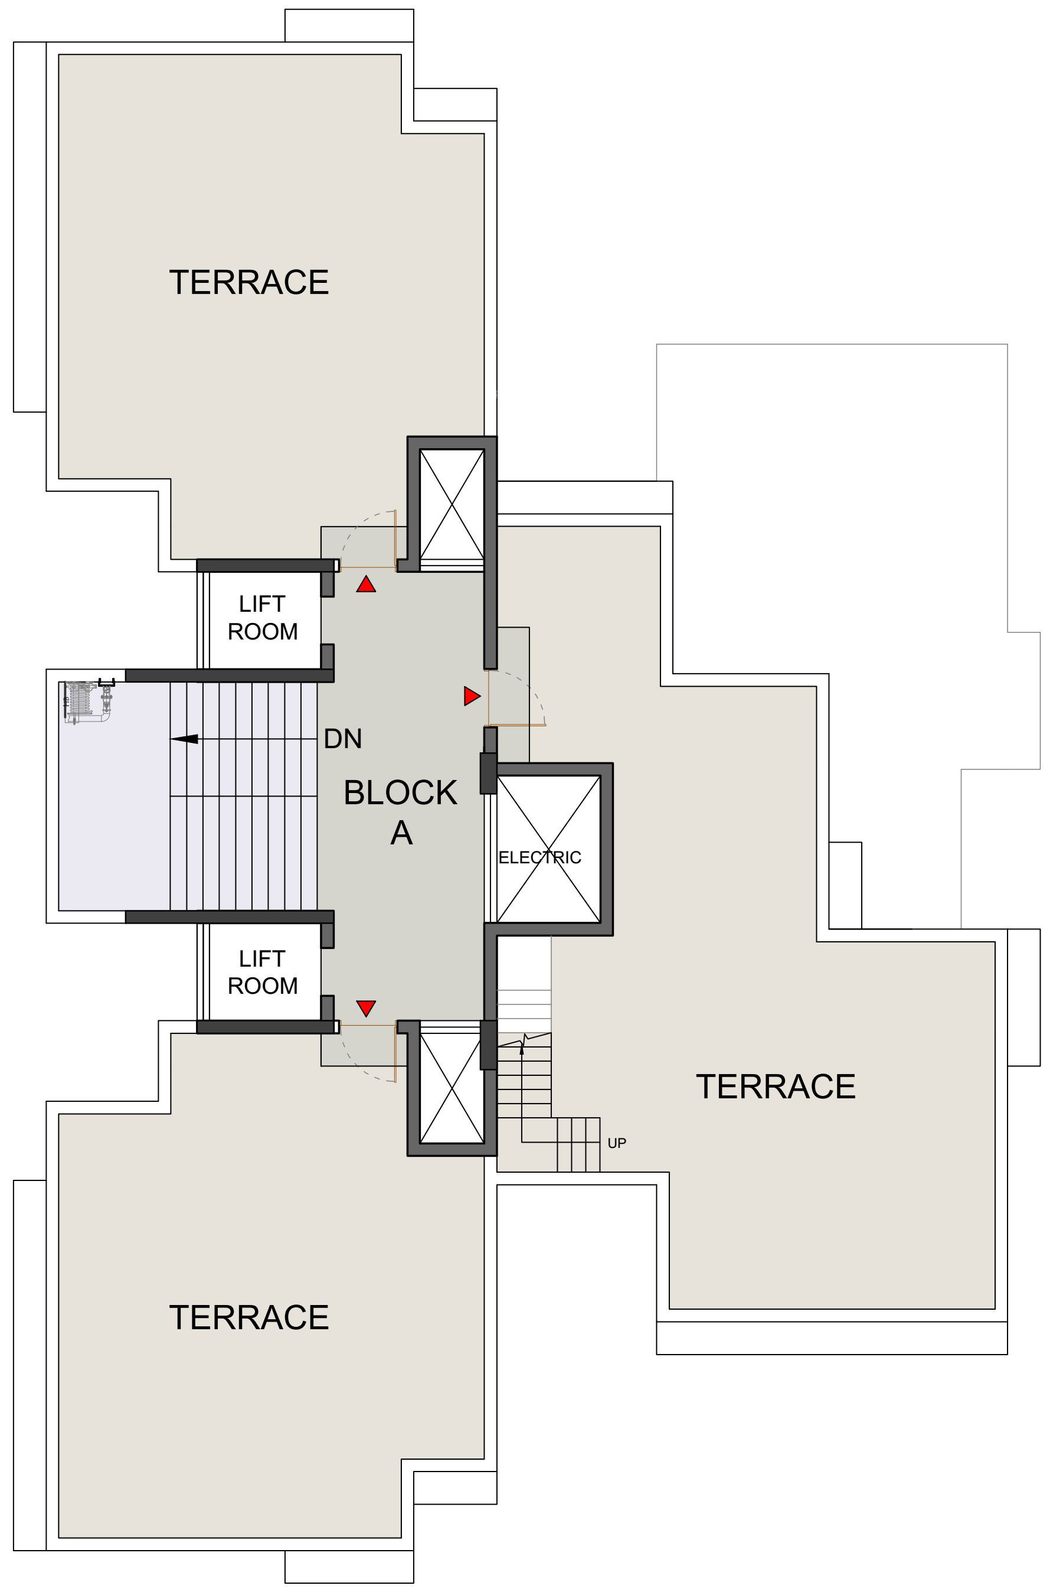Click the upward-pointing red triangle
(x=366, y=585)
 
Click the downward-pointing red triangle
(x=366, y=1007)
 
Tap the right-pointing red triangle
(x=472, y=696)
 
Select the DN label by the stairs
(x=342, y=739)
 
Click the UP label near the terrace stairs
(x=616, y=1143)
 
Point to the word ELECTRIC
(x=540, y=857)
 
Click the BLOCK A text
(x=401, y=812)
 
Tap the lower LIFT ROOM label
(x=263, y=971)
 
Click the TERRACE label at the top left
(x=249, y=282)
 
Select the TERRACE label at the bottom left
(x=249, y=1317)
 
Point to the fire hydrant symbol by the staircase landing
(x=87, y=702)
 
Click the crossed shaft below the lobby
(x=452, y=1087)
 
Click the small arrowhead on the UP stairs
(x=522, y=1049)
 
